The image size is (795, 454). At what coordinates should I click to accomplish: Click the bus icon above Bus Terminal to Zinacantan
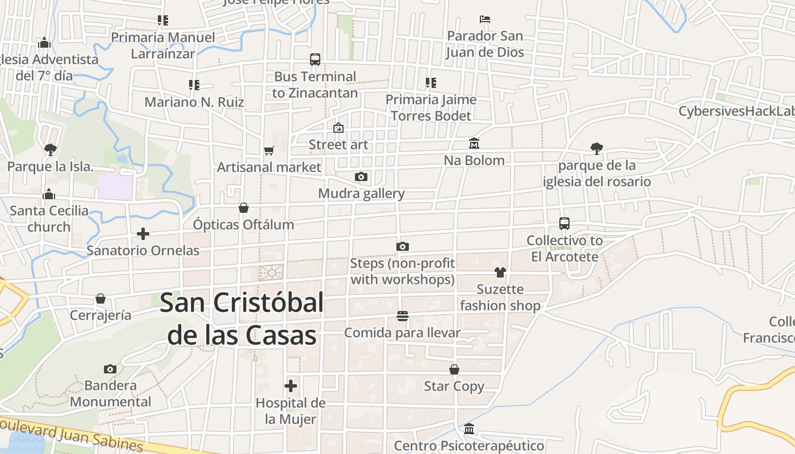point(315,60)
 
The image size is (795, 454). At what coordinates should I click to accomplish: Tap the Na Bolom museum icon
point(474,144)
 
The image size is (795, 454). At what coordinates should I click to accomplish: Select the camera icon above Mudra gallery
point(361,177)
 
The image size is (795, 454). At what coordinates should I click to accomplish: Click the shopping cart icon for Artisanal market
point(269,151)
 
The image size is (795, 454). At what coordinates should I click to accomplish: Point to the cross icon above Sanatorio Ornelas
point(143,234)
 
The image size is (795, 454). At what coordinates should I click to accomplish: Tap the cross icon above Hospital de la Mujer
point(291,386)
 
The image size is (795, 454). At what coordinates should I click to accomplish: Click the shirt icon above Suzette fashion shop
point(500,272)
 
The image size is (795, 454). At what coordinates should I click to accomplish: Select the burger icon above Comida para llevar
point(403,316)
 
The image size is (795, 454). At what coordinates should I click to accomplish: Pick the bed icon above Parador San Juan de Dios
point(484,19)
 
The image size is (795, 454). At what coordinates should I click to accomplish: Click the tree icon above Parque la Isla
point(50,150)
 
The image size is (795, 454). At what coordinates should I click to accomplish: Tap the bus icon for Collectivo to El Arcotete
point(564,224)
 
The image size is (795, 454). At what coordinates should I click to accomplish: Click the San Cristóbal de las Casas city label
point(242,319)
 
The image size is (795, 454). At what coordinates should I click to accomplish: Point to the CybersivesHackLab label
point(737,111)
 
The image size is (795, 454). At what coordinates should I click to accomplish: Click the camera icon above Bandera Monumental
point(110,369)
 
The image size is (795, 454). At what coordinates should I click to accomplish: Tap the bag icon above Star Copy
point(454,370)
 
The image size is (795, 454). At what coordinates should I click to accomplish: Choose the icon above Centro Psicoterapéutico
point(469,429)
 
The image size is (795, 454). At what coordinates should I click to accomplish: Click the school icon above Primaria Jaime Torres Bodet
point(431,83)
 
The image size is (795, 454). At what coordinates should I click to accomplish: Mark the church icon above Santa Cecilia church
point(49,194)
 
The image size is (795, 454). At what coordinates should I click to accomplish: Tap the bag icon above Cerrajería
point(101,299)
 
